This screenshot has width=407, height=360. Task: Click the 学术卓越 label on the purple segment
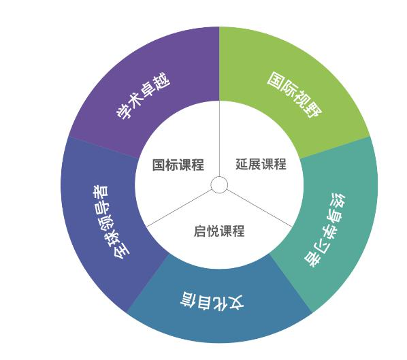pyautogui.click(x=143, y=95)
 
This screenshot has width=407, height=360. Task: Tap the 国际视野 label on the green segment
pyautogui.click(x=295, y=95)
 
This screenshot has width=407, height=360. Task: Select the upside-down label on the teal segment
pyautogui.click(x=325, y=230)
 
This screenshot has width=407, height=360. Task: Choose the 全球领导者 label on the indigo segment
pyautogui.click(x=111, y=223)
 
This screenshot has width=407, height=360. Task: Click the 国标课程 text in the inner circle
pyautogui.click(x=178, y=165)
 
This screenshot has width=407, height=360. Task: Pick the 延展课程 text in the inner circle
pyautogui.click(x=261, y=164)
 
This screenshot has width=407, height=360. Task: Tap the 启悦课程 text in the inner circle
pyautogui.click(x=219, y=231)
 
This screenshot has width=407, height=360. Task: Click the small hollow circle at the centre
pyautogui.click(x=219, y=185)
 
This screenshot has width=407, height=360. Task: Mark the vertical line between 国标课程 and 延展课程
pyautogui.click(x=219, y=139)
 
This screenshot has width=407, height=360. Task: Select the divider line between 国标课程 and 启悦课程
pyautogui.click(x=179, y=208)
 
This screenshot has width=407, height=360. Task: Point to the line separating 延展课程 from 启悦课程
pyautogui.click(x=259, y=208)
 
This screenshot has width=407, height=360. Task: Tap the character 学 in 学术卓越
pyautogui.click(x=124, y=110)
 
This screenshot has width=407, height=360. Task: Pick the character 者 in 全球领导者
pyautogui.click(x=101, y=191)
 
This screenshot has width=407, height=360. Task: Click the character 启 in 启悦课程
pyautogui.click(x=200, y=231)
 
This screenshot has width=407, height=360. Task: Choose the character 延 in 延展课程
pyautogui.click(x=242, y=164)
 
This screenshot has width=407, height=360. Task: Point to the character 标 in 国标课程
pyautogui.click(x=172, y=165)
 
